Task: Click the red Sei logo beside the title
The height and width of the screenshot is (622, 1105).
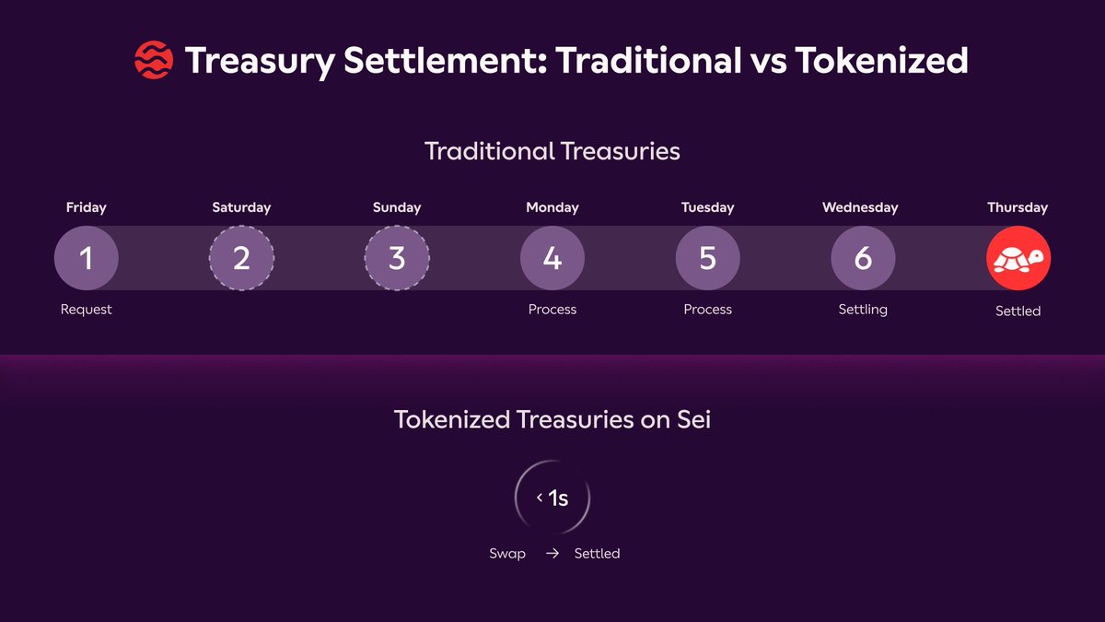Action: pyautogui.click(x=154, y=60)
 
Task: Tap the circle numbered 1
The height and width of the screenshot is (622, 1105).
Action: pyautogui.click(x=87, y=258)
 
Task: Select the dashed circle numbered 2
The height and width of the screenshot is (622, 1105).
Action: pyautogui.click(x=241, y=258)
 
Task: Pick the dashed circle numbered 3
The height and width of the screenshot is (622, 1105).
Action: pyautogui.click(x=397, y=258)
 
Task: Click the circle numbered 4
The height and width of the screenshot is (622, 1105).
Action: pyautogui.click(x=552, y=258)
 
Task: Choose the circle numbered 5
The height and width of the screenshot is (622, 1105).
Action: pyautogui.click(x=708, y=258)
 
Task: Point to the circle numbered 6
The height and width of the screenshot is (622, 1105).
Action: pyautogui.click(x=864, y=258)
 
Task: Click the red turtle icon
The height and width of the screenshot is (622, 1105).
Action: pyautogui.click(x=1018, y=258)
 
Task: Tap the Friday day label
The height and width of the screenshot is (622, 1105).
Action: pyautogui.click(x=87, y=208)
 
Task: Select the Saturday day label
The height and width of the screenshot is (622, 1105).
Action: pyautogui.click(x=241, y=208)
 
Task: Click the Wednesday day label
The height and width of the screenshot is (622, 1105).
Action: pyautogui.click(x=860, y=208)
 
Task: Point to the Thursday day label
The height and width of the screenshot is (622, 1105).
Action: pyautogui.click(x=1018, y=208)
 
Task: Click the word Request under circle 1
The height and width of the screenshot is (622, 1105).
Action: pyautogui.click(x=87, y=310)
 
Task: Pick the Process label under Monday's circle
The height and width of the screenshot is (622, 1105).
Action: pyautogui.click(x=552, y=310)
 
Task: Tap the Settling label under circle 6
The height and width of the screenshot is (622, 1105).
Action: pyautogui.click(x=864, y=310)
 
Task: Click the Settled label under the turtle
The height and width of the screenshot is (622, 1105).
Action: pyautogui.click(x=1018, y=311)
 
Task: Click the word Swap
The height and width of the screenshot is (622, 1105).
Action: pyautogui.click(x=507, y=554)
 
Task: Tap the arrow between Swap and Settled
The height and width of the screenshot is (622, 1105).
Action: pyautogui.click(x=552, y=554)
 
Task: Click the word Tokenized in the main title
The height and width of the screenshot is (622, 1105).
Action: pyautogui.click(x=881, y=60)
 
